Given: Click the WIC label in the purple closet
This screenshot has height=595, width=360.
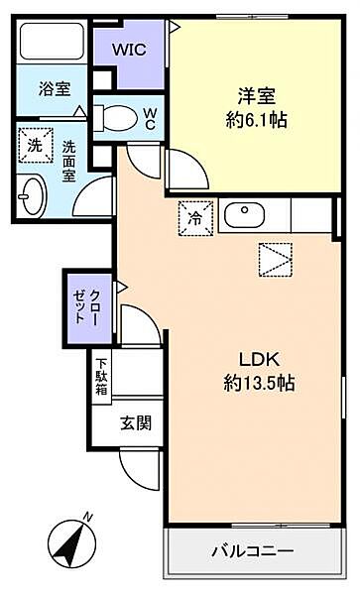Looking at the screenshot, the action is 129,50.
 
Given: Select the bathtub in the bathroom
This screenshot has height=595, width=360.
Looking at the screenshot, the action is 51,42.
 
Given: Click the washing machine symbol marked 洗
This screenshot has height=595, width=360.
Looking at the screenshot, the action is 36,146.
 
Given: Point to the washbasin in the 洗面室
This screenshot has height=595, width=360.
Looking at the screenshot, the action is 33,197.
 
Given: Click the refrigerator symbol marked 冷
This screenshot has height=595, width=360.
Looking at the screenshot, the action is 195,218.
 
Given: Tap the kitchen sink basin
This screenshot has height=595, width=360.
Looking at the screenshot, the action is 244,215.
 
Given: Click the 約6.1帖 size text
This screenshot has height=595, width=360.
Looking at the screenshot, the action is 257,121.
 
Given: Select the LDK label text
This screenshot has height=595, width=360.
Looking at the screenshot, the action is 260,360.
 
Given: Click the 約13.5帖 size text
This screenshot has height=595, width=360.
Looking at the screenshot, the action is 260,383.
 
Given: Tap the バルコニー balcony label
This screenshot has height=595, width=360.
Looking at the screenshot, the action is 252,551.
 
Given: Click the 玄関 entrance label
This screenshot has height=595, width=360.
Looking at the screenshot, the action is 136,422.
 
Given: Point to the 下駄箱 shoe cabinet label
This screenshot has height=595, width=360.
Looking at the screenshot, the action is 101,377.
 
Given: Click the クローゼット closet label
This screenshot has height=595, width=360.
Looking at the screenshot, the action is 86,307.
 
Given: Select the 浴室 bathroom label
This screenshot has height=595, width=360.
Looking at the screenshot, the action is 55,89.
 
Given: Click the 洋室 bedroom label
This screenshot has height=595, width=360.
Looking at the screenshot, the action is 257,96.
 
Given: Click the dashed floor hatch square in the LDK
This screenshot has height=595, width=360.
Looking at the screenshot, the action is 276,260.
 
